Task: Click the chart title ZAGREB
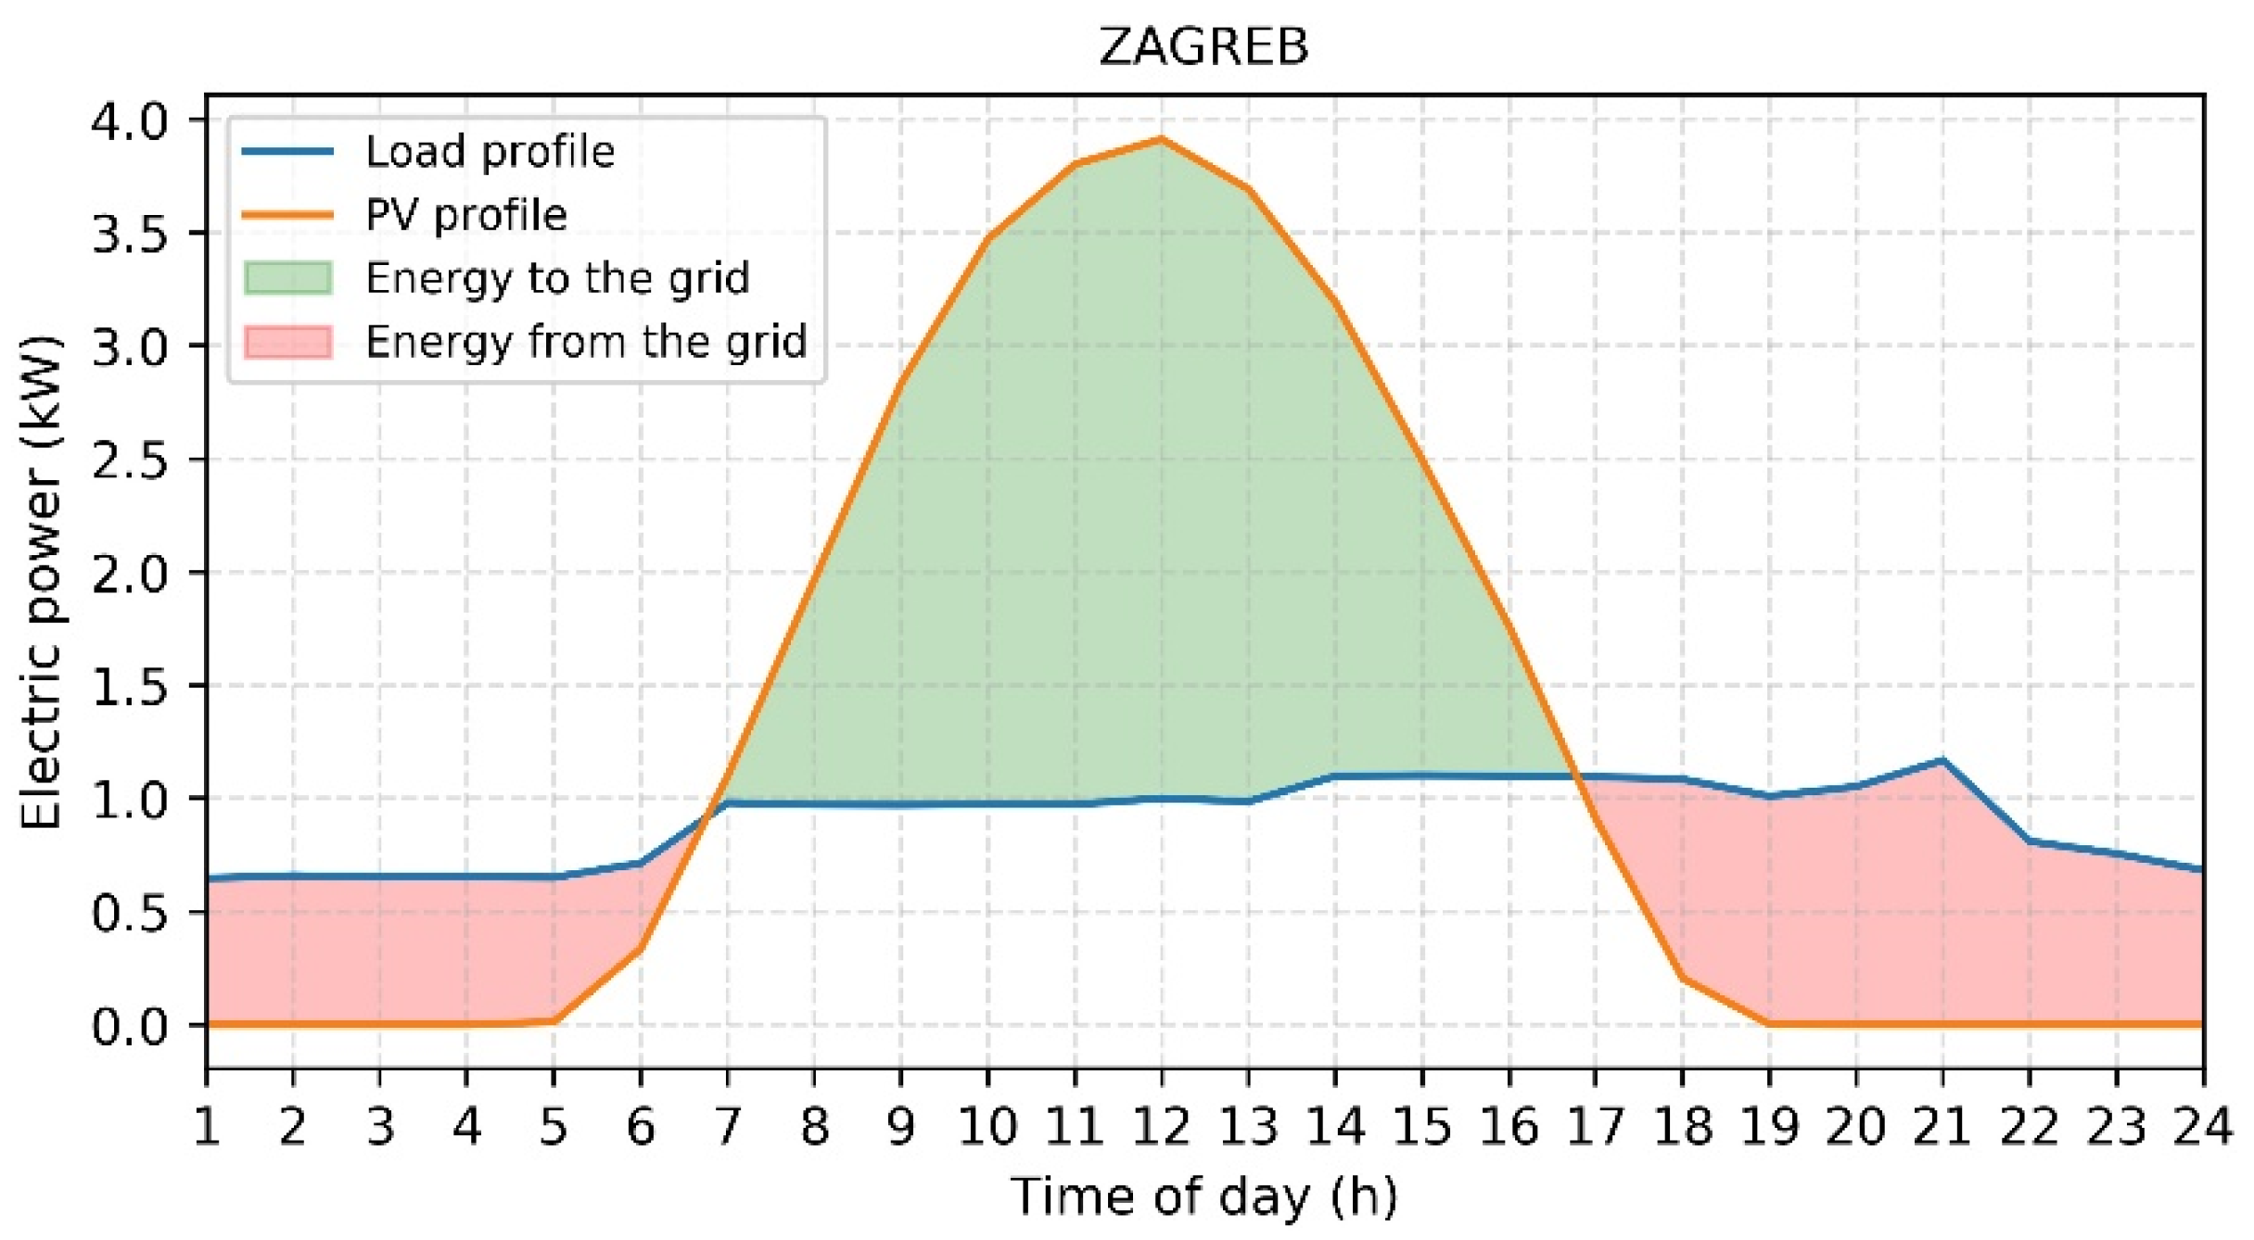(1203, 45)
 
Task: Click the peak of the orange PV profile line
(1161, 139)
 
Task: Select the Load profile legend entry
(490, 151)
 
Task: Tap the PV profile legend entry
(465, 215)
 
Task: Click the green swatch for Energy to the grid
(288, 278)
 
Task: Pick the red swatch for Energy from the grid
(288, 341)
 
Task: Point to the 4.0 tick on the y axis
(129, 120)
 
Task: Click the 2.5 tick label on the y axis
(129, 460)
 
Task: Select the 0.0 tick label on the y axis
(129, 1026)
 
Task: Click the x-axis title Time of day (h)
(1203, 1196)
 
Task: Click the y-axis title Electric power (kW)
(42, 582)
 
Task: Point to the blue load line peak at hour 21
(1942, 760)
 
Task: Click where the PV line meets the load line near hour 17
(1573, 776)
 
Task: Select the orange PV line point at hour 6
(640, 948)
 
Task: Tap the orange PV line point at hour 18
(1682, 978)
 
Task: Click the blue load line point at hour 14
(1334, 776)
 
